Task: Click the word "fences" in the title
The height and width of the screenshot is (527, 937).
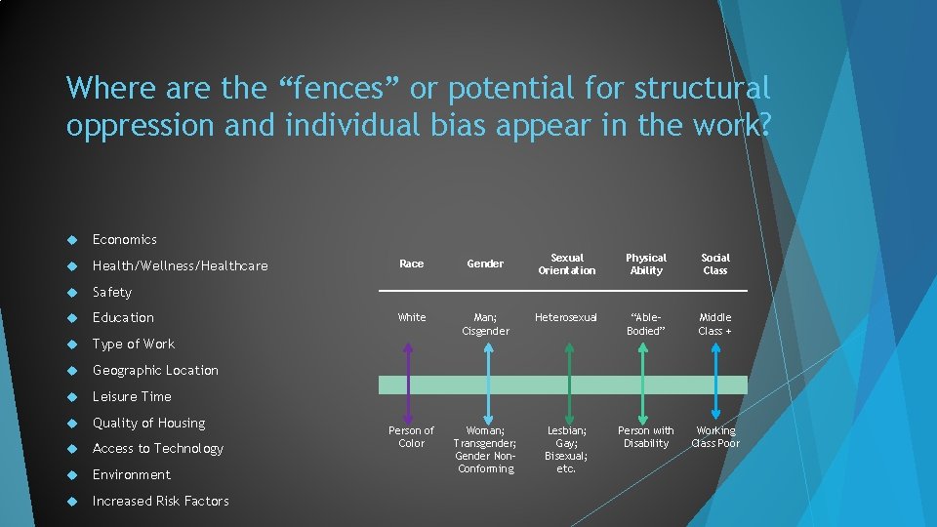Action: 332,89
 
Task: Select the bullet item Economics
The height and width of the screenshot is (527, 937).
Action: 124,239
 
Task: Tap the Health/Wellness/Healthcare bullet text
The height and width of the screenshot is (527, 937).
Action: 180,265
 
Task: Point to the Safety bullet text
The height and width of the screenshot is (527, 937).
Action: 111,292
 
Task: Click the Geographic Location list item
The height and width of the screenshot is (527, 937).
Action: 155,370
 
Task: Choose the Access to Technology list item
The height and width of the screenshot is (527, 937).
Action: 157,448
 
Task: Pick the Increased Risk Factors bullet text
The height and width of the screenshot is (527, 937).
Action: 160,501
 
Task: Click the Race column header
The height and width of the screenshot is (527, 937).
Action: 412,263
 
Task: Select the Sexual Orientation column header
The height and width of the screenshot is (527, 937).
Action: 566,263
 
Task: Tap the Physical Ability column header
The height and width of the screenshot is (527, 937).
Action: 646,263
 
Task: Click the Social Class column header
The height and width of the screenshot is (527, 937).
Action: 715,263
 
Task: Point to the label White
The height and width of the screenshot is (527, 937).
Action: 412,317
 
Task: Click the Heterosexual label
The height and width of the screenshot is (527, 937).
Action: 566,317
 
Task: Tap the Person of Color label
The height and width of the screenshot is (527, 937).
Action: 412,436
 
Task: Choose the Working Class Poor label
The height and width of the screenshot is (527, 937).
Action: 715,436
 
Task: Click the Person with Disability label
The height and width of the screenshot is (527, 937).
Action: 646,436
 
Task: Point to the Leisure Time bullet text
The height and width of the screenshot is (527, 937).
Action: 132,396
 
